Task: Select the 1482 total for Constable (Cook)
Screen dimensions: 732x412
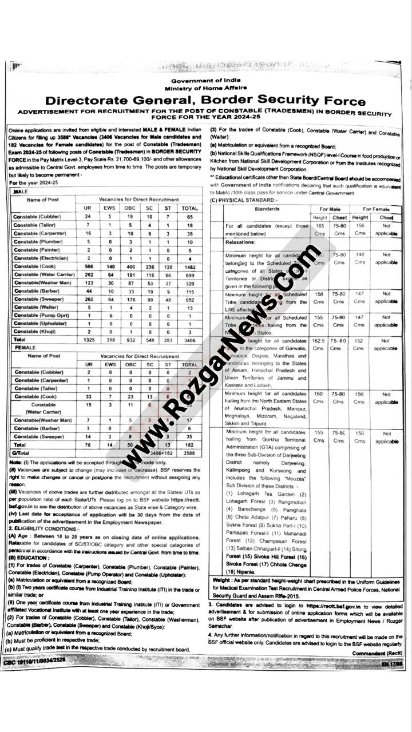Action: [189, 266]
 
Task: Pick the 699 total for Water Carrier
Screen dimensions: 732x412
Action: [189, 274]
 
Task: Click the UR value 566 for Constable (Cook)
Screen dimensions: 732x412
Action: [88, 266]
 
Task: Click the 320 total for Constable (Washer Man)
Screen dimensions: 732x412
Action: [189, 283]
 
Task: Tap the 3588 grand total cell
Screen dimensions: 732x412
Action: [189, 452]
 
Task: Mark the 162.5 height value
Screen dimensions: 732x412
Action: [319, 341]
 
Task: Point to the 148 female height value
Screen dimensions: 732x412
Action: [359, 254]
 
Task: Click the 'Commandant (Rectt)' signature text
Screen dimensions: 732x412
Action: [376, 653]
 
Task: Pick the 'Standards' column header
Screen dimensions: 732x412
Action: [266, 209]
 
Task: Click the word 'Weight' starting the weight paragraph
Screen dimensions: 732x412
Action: [222, 580]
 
